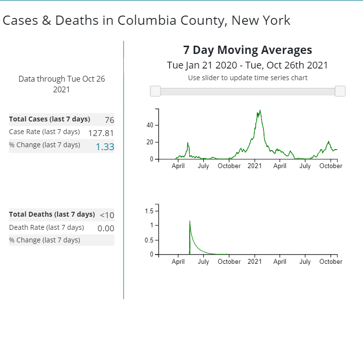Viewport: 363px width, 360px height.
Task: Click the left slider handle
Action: (155, 91)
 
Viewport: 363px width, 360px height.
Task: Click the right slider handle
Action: (340, 91)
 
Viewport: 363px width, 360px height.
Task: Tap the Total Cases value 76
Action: (109, 120)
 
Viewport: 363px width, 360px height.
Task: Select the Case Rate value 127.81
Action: (101, 133)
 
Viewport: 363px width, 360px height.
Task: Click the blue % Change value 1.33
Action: (105, 146)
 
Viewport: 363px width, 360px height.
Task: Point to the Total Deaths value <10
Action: (107, 215)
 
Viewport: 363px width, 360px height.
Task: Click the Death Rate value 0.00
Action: (106, 228)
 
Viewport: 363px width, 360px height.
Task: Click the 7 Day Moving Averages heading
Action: (247, 50)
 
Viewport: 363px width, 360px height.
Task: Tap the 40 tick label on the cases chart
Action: (149, 125)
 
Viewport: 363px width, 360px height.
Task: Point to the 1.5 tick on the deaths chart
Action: (149, 211)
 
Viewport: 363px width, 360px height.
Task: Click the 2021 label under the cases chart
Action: (255, 166)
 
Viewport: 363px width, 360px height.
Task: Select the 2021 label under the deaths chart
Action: (255, 262)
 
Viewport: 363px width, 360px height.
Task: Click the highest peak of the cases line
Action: (261, 110)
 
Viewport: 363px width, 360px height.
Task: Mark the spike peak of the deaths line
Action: (190, 221)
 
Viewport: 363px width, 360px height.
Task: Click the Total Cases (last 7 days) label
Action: (49, 120)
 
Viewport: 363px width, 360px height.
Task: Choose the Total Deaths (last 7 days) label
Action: (52, 214)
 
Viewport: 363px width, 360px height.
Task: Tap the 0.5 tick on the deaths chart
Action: (149, 240)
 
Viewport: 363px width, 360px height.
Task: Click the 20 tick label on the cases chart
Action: (149, 142)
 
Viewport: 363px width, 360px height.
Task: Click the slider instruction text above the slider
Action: (247, 78)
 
